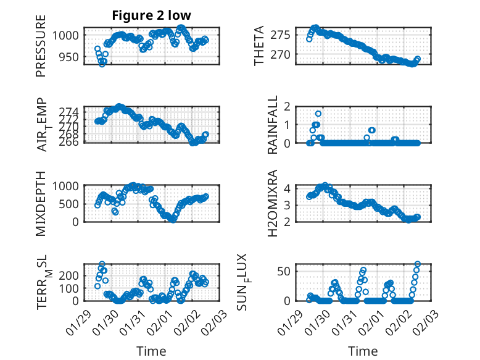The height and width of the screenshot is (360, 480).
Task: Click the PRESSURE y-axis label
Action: tap(41, 50)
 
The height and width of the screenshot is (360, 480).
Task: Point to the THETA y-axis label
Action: tap(259, 46)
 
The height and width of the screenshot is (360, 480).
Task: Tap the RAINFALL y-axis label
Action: tap(273, 125)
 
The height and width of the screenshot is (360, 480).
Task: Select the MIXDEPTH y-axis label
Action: tap(41, 203)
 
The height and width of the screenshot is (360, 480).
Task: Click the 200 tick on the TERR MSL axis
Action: tap(70, 275)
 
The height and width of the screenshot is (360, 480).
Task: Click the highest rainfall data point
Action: tap(318, 114)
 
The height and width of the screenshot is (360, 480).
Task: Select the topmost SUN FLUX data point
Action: tap(418, 264)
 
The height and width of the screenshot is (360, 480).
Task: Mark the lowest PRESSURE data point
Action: tap(102, 64)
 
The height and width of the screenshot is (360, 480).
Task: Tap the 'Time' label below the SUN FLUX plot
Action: tap(363, 351)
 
